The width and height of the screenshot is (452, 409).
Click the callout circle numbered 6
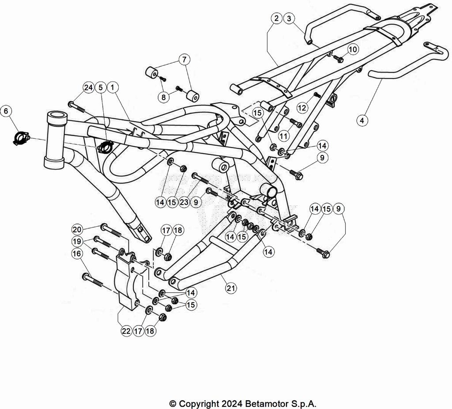6,111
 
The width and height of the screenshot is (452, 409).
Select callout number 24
88,87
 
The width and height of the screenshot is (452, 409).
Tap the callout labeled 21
231,288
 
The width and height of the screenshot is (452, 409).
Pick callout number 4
362,120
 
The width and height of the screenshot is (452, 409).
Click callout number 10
353,49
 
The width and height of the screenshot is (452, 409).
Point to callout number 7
185,60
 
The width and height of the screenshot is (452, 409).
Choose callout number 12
302,108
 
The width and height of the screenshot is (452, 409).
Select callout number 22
126,331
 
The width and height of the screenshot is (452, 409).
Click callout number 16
77,254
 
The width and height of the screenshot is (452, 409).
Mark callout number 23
184,202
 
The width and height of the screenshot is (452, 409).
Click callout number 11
284,136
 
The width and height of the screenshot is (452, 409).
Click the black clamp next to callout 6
21,138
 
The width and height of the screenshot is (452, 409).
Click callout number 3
289,19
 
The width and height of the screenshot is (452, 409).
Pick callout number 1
113,87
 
